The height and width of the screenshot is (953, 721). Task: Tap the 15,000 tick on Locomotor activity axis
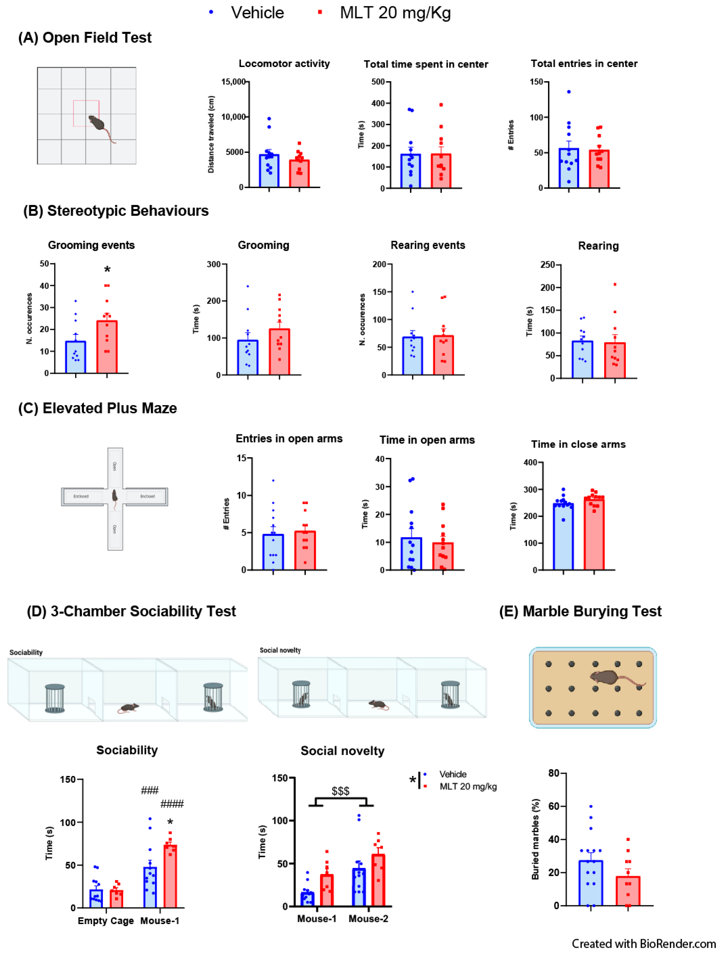[233, 82]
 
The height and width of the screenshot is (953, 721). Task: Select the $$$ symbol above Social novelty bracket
[340, 791]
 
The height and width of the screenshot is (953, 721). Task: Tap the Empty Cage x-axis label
[106, 921]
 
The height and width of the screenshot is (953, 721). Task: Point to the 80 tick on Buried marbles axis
[554, 773]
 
